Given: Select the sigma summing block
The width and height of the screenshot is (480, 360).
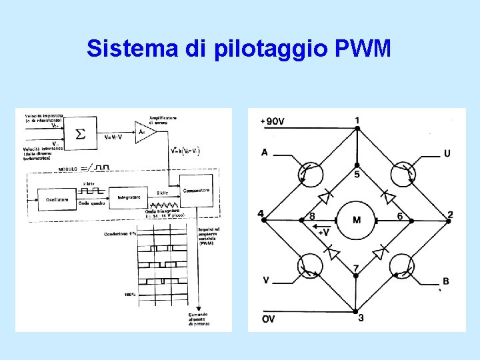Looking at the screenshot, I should click(x=79, y=134).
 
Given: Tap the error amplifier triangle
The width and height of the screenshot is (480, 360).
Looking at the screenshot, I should click(x=144, y=133).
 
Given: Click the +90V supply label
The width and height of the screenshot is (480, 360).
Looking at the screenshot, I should click(x=272, y=121).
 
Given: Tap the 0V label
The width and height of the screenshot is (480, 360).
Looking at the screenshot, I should click(x=267, y=319).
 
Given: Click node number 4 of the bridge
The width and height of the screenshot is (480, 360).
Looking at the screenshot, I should click(x=261, y=214).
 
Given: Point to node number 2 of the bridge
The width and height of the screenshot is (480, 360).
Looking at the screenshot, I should click(x=451, y=214).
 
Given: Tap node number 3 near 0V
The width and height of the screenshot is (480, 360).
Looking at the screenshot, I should click(x=361, y=318).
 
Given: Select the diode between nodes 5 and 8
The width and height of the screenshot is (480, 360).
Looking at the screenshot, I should click(x=326, y=197).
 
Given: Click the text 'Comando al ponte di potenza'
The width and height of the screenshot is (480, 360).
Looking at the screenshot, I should click(x=198, y=319).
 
